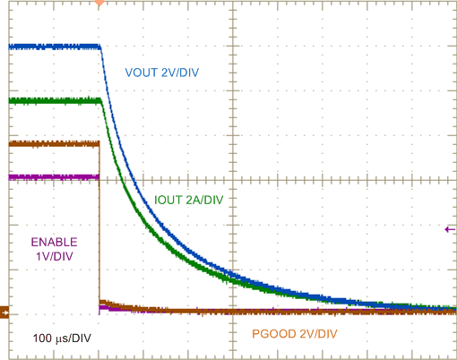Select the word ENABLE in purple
click(x=54, y=242)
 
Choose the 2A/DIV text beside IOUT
click(x=203, y=200)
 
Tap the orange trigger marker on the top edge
click(x=99, y=4)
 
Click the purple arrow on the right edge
click(x=450, y=230)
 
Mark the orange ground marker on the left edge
click(x=4, y=313)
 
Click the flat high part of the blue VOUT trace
click(x=54, y=46)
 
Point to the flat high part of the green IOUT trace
click(x=54, y=101)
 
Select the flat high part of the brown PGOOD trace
click(x=54, y=143)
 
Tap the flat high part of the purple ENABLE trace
click(x=54, y=177)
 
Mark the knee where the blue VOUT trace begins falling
click(x=99, y=48)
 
